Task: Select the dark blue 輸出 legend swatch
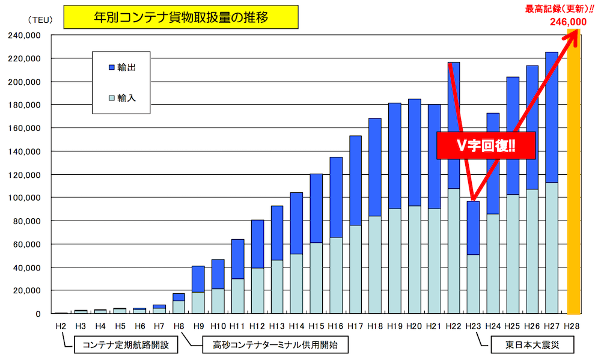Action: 112,67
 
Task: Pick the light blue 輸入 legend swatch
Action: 112,97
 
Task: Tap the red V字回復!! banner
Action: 477,145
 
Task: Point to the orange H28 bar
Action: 573,174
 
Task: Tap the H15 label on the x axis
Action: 316,326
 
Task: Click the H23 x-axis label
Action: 473,326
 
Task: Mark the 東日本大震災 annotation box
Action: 523,346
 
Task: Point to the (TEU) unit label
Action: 35,20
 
